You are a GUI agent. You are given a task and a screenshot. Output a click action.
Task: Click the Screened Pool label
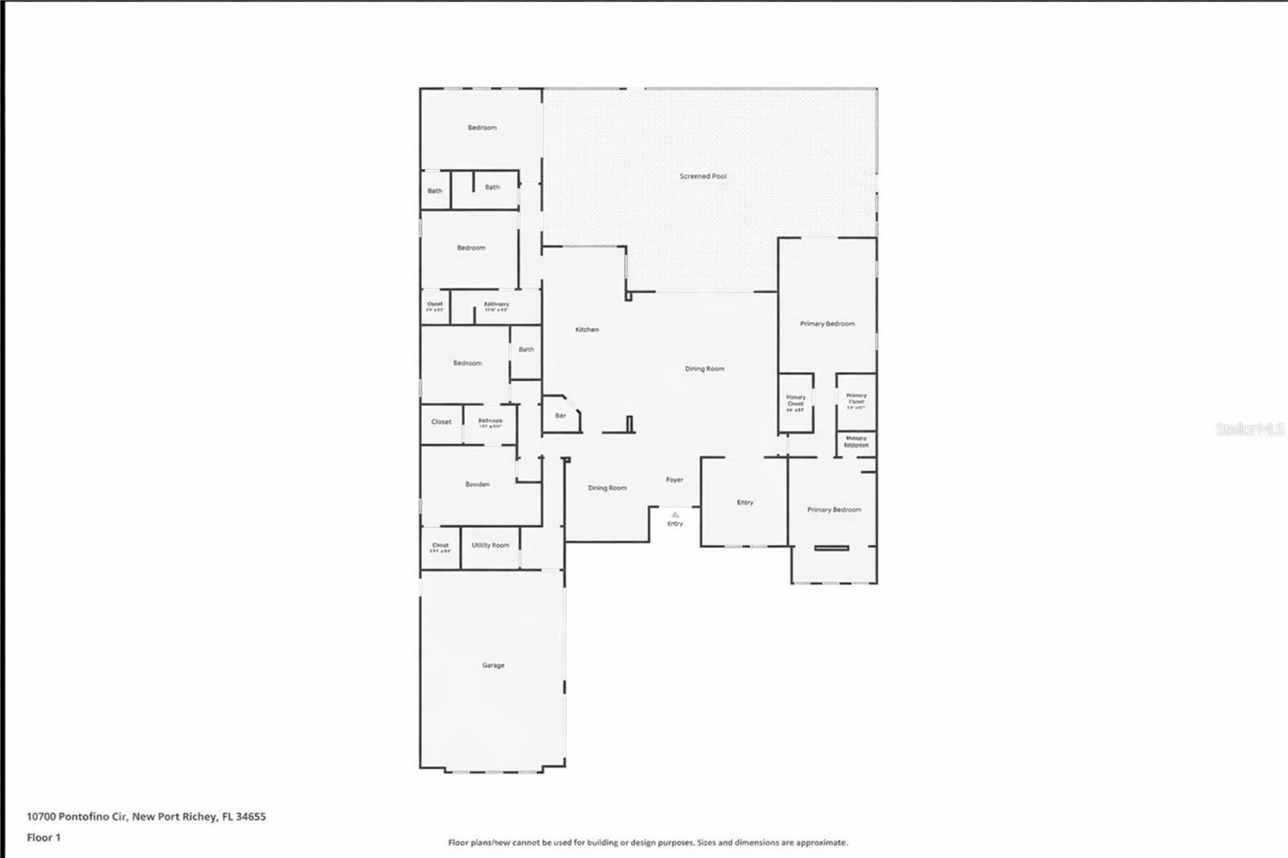coord(703,176)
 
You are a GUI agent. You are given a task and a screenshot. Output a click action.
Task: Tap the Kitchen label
coord(587,330)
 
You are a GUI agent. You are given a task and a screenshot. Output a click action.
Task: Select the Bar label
coord(560,416)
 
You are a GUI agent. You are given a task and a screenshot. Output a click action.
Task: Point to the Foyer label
coord(675,480)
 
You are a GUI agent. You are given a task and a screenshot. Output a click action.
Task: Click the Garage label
coord(493,666)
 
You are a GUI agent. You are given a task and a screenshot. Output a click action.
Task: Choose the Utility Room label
coord(490,546)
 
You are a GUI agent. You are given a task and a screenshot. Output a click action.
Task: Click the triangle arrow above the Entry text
coord(675,514)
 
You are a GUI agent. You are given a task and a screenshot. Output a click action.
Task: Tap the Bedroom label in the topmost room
coord(482,128)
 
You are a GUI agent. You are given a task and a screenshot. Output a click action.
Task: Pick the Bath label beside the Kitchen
coord(526,350)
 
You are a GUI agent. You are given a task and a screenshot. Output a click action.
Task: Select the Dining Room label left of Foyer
coord(607,489)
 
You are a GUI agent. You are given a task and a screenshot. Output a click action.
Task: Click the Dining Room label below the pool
coord(704,369)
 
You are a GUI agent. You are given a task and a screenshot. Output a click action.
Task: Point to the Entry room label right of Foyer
coord(745,503)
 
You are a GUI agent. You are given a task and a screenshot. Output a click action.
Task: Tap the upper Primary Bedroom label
coord(828,324)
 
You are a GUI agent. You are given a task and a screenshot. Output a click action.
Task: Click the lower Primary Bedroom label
coord(834,510)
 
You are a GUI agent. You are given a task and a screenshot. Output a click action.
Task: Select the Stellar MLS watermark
coord(1249,430)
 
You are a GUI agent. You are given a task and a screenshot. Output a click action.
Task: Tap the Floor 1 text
coord(43,838)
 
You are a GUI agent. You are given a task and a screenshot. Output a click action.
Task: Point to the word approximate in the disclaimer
coord(822,843)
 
